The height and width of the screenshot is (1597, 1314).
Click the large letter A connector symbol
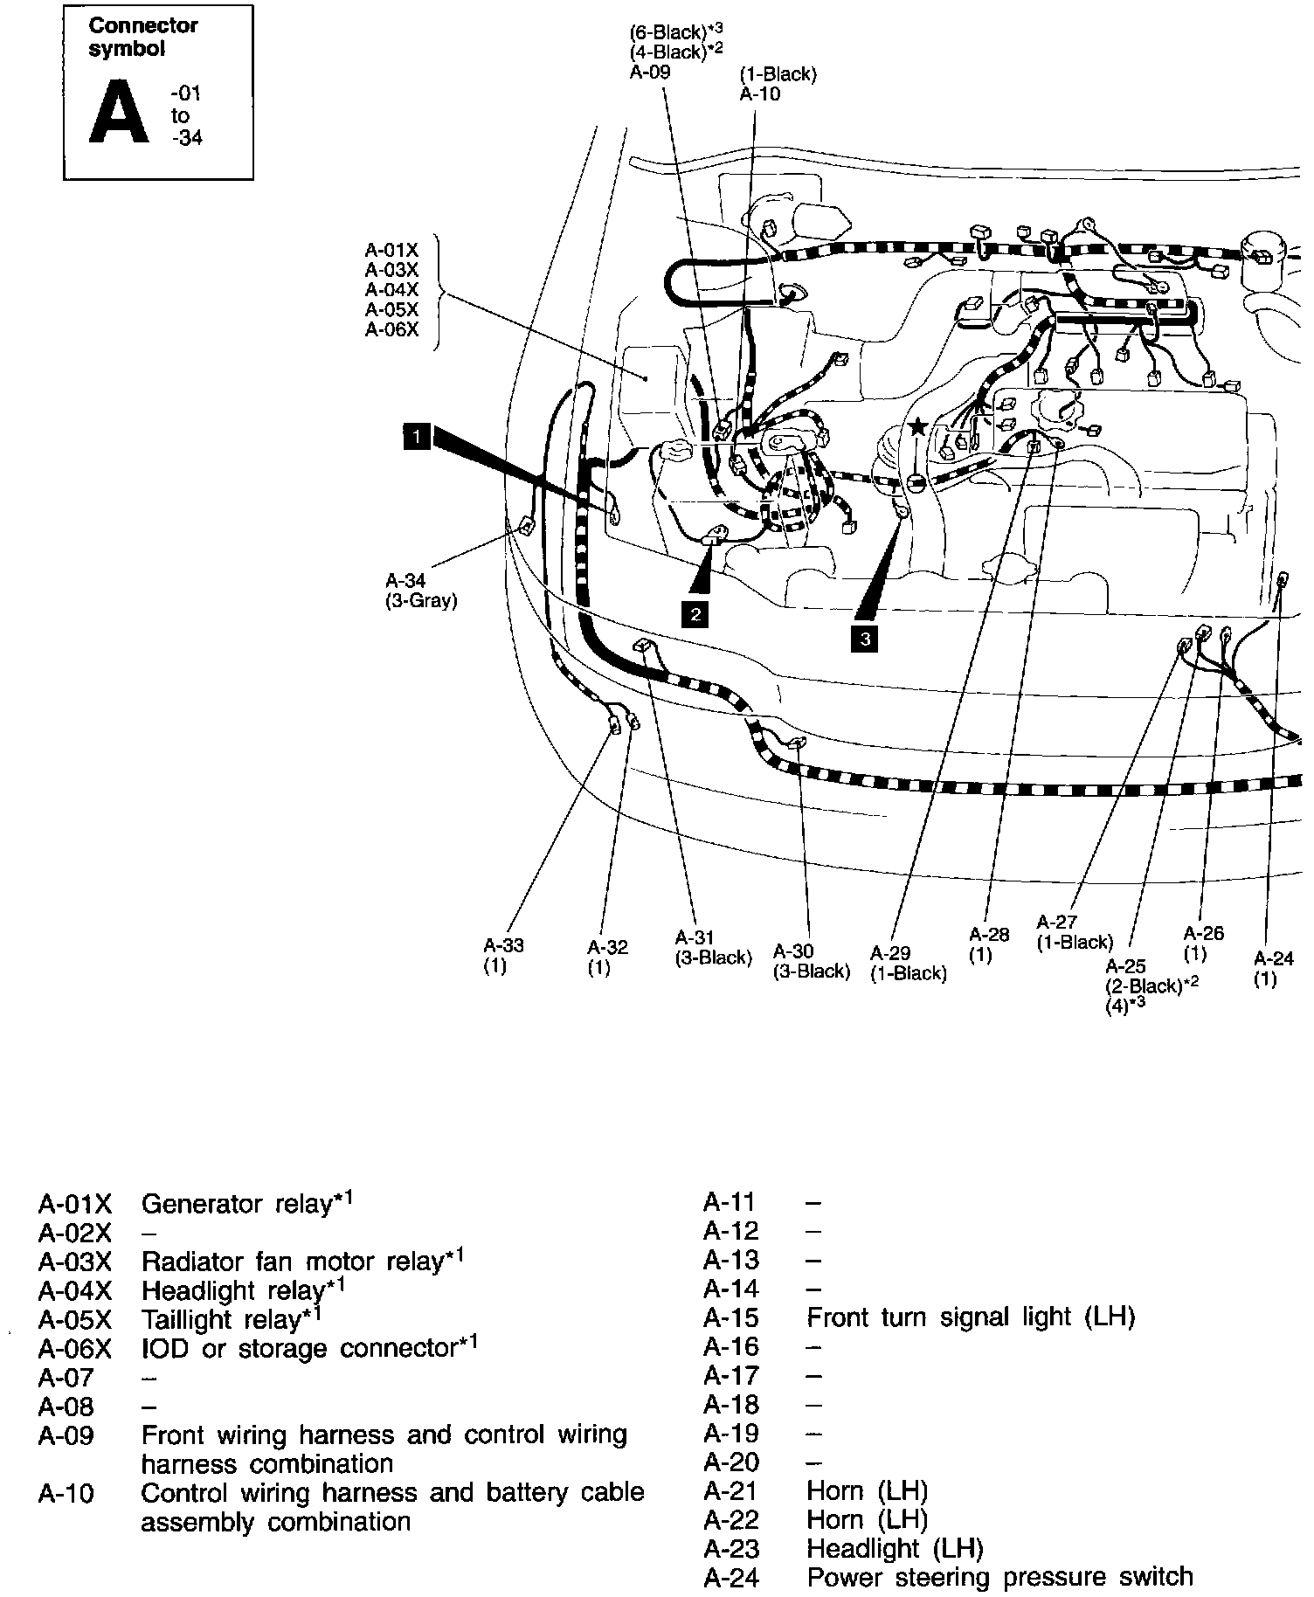pyautogui.click(x=120, y=112)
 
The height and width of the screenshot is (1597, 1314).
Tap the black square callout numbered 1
pyautogui.click(x=418, y=435)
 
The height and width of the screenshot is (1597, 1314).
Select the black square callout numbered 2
pyautogui.click(x=695, y=614)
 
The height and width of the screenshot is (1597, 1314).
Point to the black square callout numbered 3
pyautogui.click(x=865, y=639)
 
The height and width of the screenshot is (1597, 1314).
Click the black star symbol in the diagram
pyautogui.click(x=917, y=427)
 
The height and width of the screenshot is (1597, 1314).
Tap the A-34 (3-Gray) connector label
pyautogui.click(x=421, y=591)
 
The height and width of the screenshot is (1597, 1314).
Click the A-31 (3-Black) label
pyautogui.click(x=713, y=948)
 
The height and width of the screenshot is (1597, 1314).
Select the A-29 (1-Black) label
pyautogui.click(x=909, y=963)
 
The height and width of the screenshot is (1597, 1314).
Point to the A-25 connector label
pyautogui.click(x=1125, y=966)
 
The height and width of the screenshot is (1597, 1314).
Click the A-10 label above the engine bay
pyautogui.click(x=760, y=94)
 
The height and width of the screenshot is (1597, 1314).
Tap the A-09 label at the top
pyautogui.click(x=650, y=73)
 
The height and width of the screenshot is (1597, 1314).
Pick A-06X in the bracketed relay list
pyautogui.click(x=391, y=329)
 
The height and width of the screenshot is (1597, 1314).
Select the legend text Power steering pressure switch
pyautogui.click(x=999, y=1577)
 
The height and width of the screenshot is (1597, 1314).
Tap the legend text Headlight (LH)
pyautogui.click(x=895, y=1548)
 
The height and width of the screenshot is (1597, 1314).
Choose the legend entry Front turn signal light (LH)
pyautogui.click(x=971, y=1317)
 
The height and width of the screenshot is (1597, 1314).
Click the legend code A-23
pyautogui.click(x=731, y=1548)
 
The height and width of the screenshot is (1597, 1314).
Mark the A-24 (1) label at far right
pyautogui.click(x=1273, y=968)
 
